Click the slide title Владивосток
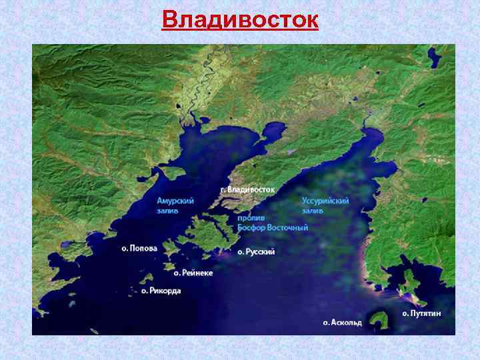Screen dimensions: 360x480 pos(240,19)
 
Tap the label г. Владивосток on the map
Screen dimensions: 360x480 pos(247,190)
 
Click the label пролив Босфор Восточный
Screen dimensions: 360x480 pos(273,223)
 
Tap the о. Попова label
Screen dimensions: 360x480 pos(139,248)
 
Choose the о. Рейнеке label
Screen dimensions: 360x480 pos(193,272)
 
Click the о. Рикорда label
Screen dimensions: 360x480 pos(161,291)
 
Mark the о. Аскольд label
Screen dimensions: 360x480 pos(343,323)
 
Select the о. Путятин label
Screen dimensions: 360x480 pos(421,313)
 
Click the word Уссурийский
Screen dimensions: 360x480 pos(325,200)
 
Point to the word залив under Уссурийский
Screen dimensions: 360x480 pos(313,210)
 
